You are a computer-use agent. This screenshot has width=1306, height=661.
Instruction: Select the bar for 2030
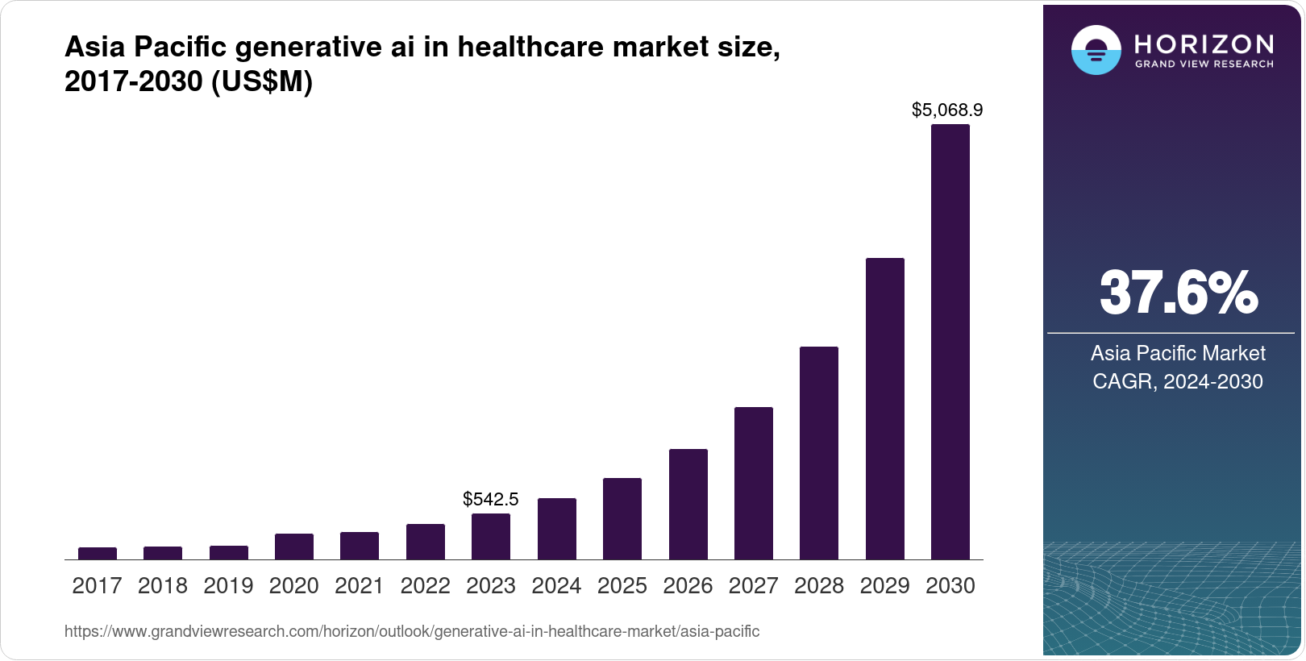950,342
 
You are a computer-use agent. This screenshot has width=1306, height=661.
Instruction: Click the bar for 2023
491,537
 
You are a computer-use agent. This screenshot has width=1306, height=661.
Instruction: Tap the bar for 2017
98,554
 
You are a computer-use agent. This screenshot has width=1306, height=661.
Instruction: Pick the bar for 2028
819,453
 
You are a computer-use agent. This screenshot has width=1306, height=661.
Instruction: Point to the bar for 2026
688,505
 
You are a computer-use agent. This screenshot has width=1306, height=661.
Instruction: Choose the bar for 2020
294,547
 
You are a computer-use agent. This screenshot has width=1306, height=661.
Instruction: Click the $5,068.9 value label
947,110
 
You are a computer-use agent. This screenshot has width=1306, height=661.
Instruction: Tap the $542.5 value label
491,499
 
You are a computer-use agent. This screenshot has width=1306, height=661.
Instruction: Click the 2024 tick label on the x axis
556,586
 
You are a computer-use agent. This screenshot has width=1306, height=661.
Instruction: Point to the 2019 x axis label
228,586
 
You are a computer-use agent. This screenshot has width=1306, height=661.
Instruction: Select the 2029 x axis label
884,586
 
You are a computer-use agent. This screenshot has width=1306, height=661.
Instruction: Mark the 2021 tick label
360,586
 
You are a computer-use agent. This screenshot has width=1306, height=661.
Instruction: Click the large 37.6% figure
1178,293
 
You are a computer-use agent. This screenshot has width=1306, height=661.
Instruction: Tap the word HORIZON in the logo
1204,44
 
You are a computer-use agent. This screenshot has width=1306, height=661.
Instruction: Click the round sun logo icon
1096,50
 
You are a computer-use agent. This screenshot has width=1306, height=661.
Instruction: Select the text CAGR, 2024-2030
1177,381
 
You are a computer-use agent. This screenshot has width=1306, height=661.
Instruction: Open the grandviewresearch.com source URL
412,631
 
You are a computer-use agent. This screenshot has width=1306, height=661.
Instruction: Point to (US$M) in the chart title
262,81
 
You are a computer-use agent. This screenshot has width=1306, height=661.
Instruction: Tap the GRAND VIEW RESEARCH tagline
1204,64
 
